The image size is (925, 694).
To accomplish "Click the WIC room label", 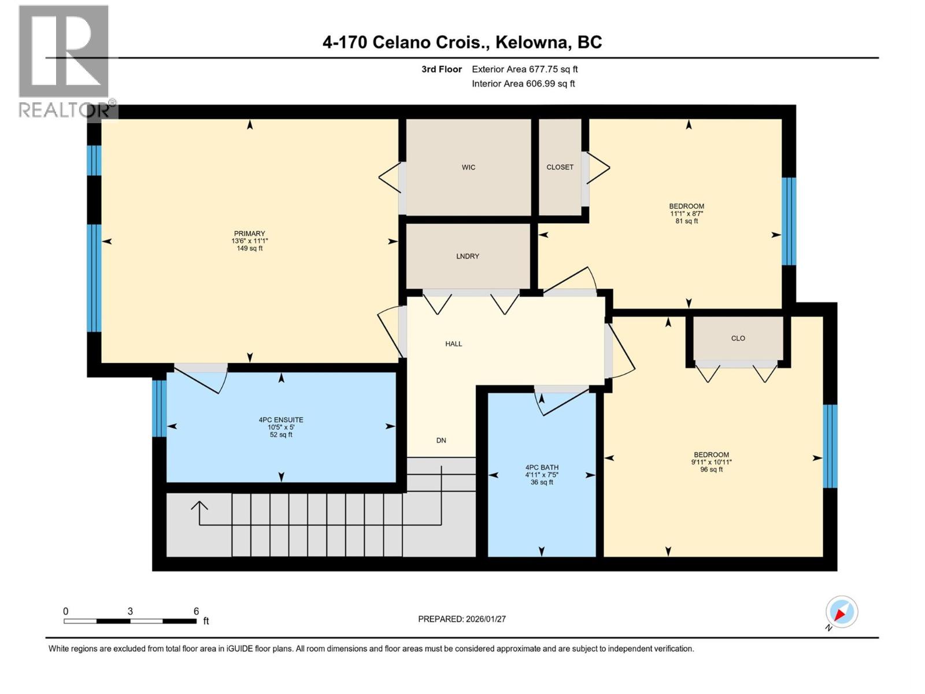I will pos(468,167).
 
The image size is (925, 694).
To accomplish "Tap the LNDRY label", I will pos(467,256).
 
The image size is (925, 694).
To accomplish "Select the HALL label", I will pos(453,344).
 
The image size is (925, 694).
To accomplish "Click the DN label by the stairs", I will pos(441,440).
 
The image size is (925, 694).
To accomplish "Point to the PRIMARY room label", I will pos(249,234).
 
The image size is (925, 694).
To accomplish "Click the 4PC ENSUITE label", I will pos(281,420).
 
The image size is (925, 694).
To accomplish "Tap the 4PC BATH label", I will pos(542,467).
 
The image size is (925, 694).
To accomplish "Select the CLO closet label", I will pos(738,338).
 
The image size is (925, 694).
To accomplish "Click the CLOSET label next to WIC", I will pos(560,167).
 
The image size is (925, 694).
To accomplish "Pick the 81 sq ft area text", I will pos(686,221).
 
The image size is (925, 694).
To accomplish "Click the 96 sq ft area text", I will pos(711,470).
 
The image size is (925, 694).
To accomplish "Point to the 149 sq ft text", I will pos(249,249).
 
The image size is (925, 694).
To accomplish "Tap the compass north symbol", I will pos(842,612).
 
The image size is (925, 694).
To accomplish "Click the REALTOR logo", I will pos(64,61).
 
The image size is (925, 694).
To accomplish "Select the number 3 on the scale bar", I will pos(131,611).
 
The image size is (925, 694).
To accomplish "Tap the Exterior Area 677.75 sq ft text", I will pos(524,69).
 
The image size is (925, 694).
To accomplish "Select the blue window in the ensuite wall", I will pos(159,408).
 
